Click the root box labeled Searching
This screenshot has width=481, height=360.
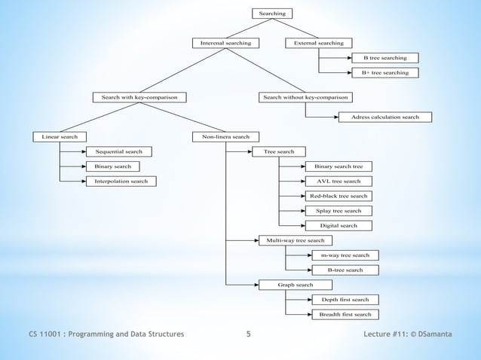click(x=272, y=14)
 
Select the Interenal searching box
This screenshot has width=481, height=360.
click(x=225, y=43)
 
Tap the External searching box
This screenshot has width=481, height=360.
click(x=319, y=43)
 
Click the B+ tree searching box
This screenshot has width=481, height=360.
click(x=384, y=73)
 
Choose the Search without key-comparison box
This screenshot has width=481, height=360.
click(x=305, y=97)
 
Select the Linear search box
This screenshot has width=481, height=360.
click(x=59, y=136)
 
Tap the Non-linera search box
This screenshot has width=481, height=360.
click(x=225, y=136)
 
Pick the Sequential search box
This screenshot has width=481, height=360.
click(x=118, y=151)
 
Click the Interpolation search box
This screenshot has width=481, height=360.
click(x=121, y=181)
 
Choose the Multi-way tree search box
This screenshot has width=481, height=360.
click(x=295, y=240)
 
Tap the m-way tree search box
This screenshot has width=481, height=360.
click(x=345, y=255)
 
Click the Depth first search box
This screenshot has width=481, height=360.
click(x=345, y=300)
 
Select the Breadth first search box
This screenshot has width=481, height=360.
click(x=345, y=314)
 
